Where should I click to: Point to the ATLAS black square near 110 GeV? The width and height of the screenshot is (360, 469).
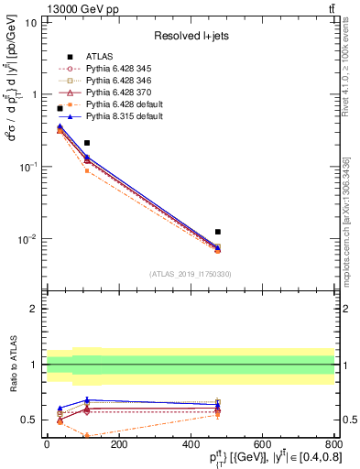[87, 143]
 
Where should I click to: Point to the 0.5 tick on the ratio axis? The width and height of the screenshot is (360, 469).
[32, 420]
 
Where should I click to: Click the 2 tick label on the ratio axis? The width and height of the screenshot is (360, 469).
[36, 309]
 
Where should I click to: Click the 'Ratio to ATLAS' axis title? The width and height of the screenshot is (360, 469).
[12, 365]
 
